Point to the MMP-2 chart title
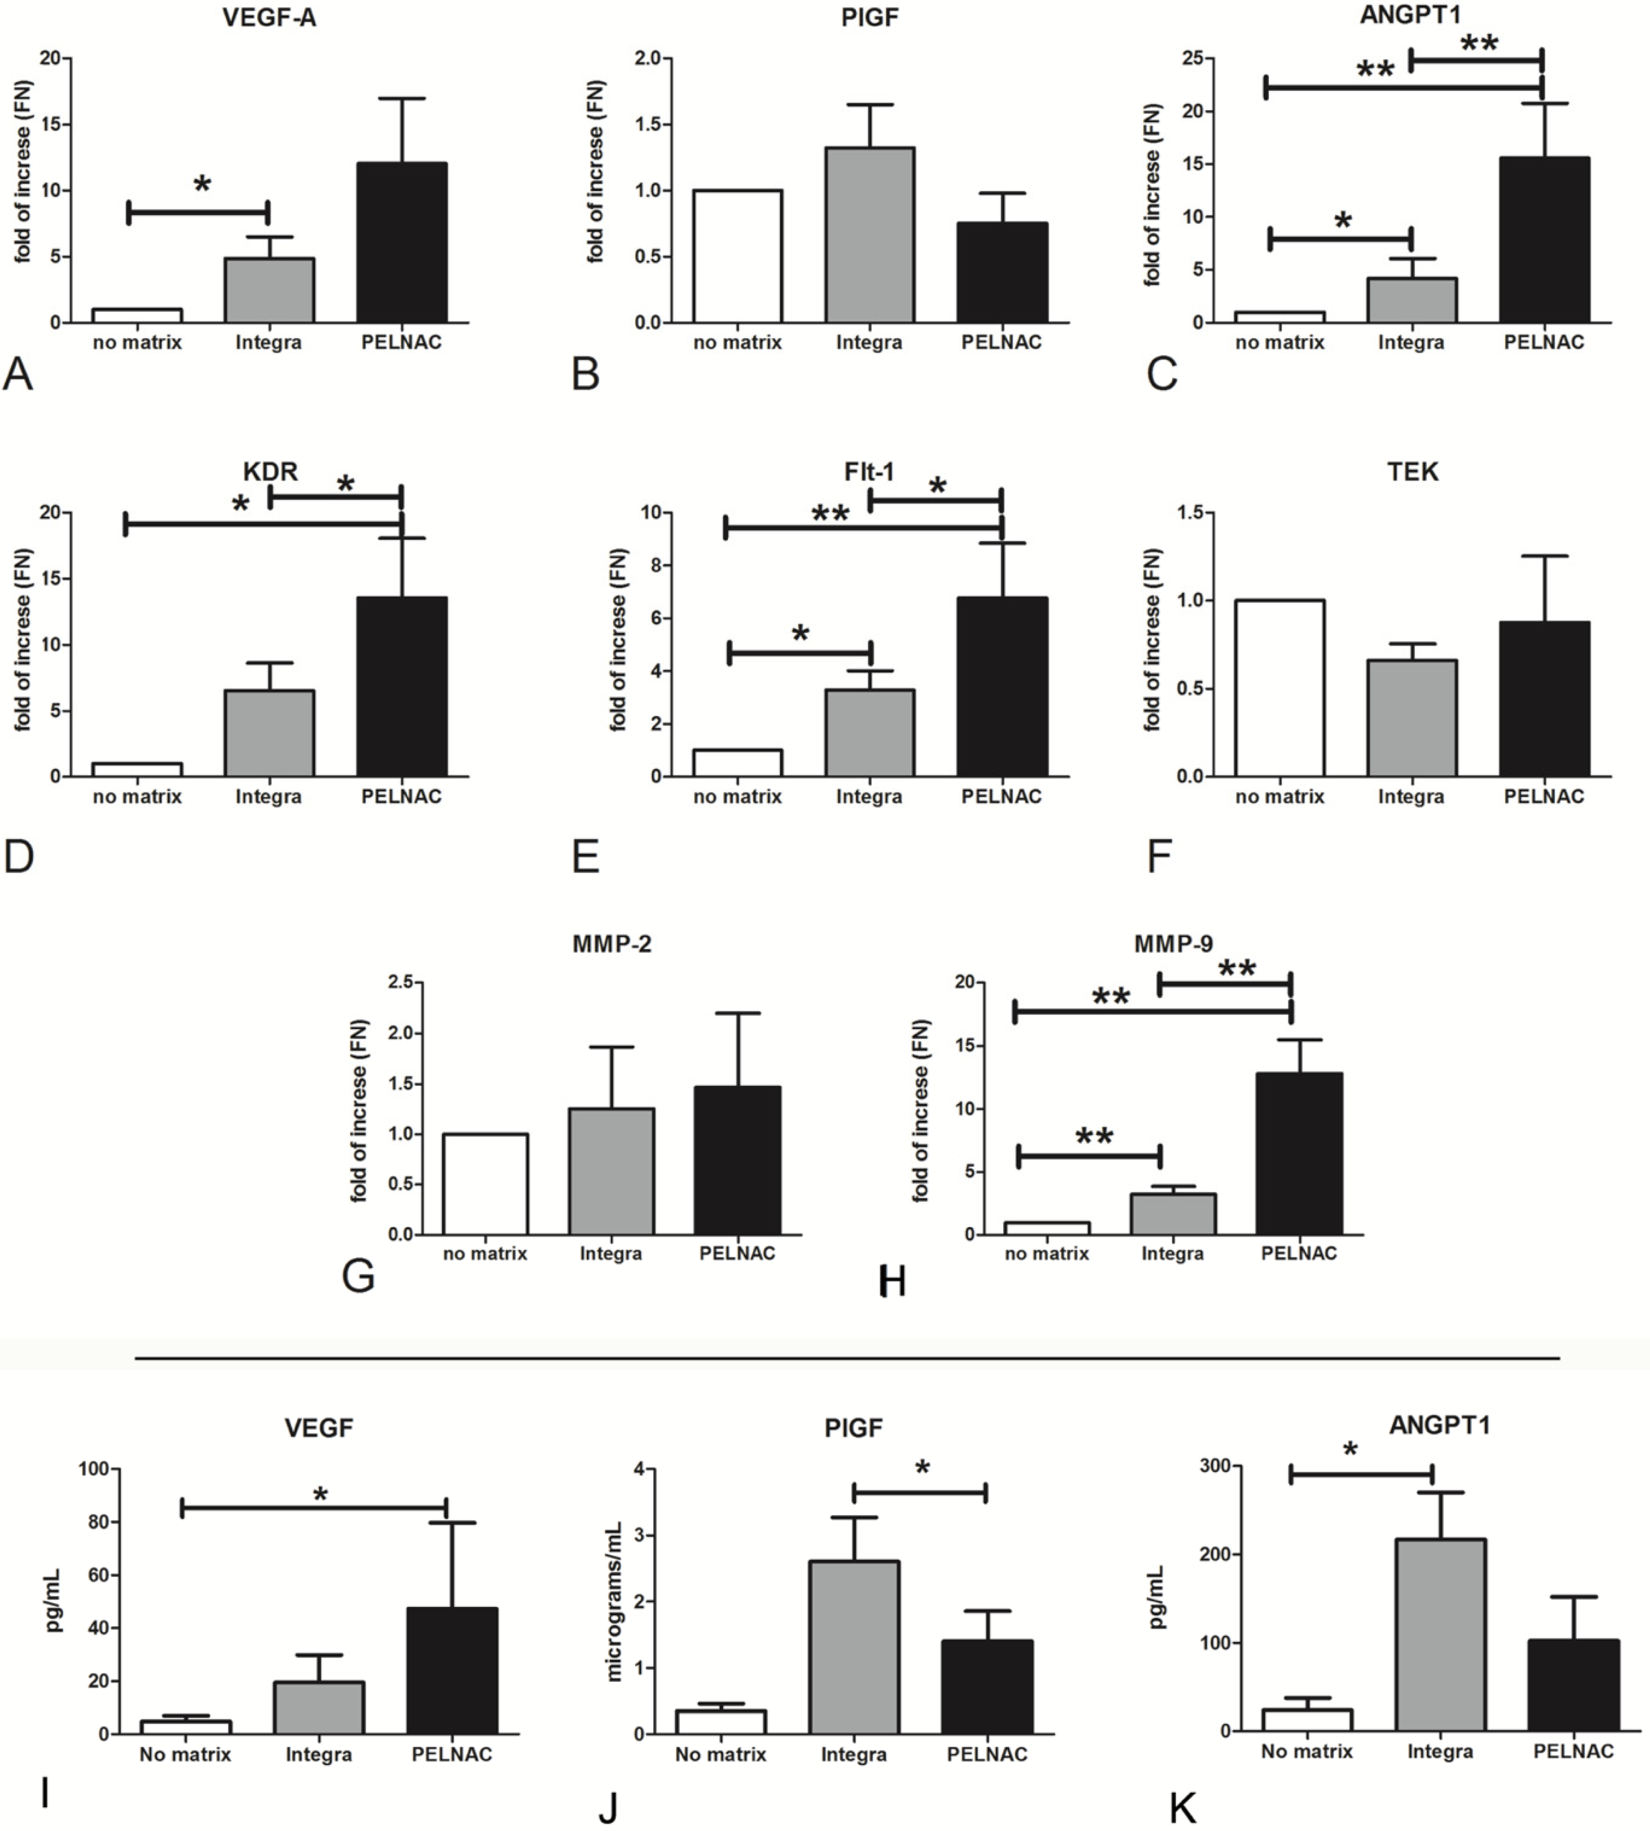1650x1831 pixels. click(x=612, y=945)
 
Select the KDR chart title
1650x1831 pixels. click(x=270, y=471)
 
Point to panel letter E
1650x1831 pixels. click(x=586, y=855)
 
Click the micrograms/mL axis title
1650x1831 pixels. click(x=615, y=1602)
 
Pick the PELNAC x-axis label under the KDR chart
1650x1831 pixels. click(x=402, y=797)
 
